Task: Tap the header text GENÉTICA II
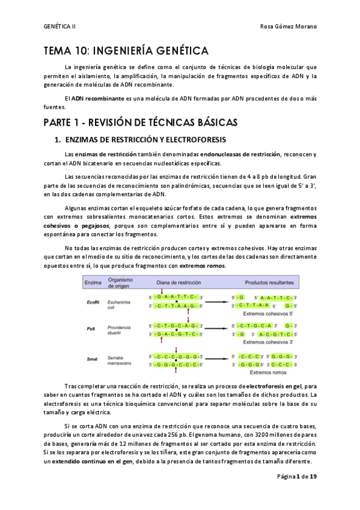coord(60,26)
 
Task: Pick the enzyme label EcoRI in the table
coord(93,301)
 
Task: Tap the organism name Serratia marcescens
coord(120,359)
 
